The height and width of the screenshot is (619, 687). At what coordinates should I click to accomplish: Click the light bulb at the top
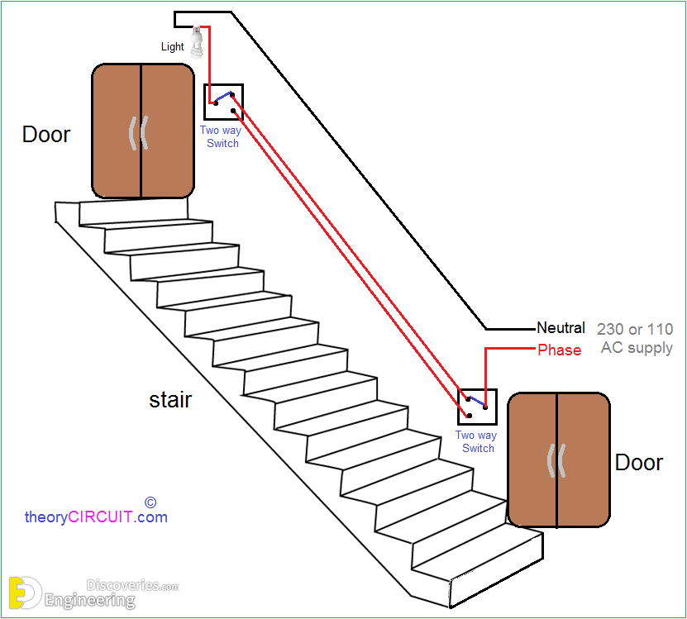pos(197,42)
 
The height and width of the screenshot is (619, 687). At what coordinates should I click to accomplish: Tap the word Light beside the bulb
pos(172,46)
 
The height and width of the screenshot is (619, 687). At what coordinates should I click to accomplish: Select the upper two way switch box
pos(223,102)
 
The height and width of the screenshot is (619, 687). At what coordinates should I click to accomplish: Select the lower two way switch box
pos(477,407)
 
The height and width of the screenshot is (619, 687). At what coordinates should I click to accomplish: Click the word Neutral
pos(561,327)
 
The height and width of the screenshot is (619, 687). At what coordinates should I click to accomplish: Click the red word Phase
pos(559,350)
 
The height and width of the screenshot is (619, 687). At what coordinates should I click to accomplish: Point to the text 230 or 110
pos(635,329)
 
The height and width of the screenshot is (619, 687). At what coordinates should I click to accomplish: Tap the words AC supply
pos(637,348)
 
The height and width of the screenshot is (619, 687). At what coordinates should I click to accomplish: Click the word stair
pos(170,399)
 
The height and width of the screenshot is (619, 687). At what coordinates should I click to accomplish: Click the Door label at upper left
pos(46,134)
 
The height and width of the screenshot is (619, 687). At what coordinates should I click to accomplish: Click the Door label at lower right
pos(639,463)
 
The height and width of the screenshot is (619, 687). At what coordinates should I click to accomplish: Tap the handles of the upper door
pos(138,133)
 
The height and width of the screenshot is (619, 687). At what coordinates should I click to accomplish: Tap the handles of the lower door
pos(556,460)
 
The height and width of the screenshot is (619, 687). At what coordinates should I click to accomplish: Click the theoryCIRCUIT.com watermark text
pos(96,517)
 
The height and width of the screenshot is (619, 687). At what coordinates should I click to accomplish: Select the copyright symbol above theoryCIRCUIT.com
pos(150,502)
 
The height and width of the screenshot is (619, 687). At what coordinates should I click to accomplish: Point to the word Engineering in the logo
pos(90,600)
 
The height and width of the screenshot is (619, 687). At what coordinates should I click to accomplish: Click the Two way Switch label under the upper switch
pos(222,136)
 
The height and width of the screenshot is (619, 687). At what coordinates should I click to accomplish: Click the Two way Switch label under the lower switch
pos(476,441)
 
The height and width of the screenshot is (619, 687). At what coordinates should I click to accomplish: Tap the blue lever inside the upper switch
pos(223,98)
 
